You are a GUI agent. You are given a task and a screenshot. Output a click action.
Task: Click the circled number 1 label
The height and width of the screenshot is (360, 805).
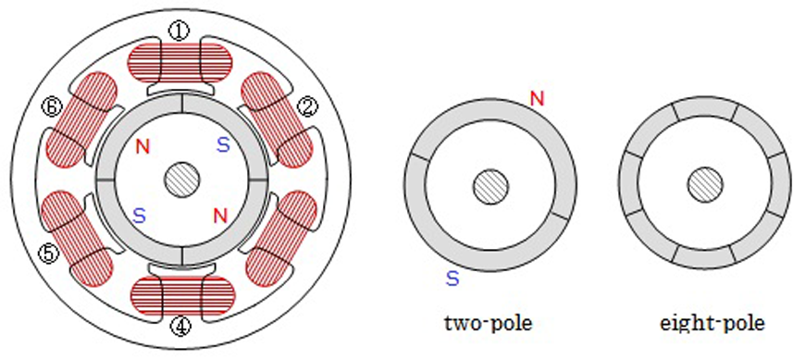pyautogui.click(x=179, y=32)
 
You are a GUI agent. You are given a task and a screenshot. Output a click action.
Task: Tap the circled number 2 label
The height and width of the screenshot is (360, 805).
pyautogui.click(x=308, y=107)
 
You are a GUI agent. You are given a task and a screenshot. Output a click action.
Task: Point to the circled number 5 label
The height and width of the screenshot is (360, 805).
pyautogui.click(x=49, y=254)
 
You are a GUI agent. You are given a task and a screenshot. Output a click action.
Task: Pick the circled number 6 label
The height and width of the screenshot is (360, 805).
pyautogui.click(x=53, y=107)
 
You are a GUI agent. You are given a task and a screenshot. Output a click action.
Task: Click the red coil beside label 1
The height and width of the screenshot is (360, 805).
pyautogui.click(x=180, y=63)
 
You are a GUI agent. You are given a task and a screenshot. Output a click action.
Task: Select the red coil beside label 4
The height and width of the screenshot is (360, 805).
pyautogui.click(x=183, y=295)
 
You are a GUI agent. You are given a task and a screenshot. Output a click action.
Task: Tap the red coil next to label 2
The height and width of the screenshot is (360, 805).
pyautogui.click(x=278, y=119)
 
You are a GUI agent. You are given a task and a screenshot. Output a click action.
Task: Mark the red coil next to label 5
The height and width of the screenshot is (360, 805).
pyautogui.click(x=77, y=238)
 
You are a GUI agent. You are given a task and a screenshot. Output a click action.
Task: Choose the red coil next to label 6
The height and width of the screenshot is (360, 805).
pyautogui.click(x=82, y=119)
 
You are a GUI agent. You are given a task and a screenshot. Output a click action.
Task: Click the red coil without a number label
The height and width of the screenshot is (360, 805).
pyautogui.click(x=281, y=238)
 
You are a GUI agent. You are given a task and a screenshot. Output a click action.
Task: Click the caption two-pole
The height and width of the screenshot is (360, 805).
pyautogui.click(x=489, y=324)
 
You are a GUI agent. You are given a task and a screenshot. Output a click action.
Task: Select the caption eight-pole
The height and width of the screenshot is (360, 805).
pyautogui.click(x=713, y=324)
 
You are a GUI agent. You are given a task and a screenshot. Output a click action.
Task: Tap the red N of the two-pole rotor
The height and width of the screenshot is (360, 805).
pyautogui.click(x=537, y=98)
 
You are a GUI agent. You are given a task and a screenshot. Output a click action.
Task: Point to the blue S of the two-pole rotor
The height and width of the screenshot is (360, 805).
pyautogui.click(x=452, y=279)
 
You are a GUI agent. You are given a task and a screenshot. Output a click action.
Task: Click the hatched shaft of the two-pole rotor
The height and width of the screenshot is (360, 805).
pyautogui.click(x=490, y=185)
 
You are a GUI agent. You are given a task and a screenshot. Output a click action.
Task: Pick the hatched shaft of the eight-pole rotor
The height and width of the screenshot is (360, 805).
pyautogui.click(x=705, y=184)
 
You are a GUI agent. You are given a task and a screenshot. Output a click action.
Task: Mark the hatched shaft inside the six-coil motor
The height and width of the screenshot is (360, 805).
pyautogui.click(x=181, y=180)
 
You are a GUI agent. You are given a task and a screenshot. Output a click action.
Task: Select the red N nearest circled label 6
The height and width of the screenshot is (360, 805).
pyautogui.click(x=142, y=147)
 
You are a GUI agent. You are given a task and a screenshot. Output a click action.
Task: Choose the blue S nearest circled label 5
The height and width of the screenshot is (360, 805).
pyautogui.click(x=139, y=216)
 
